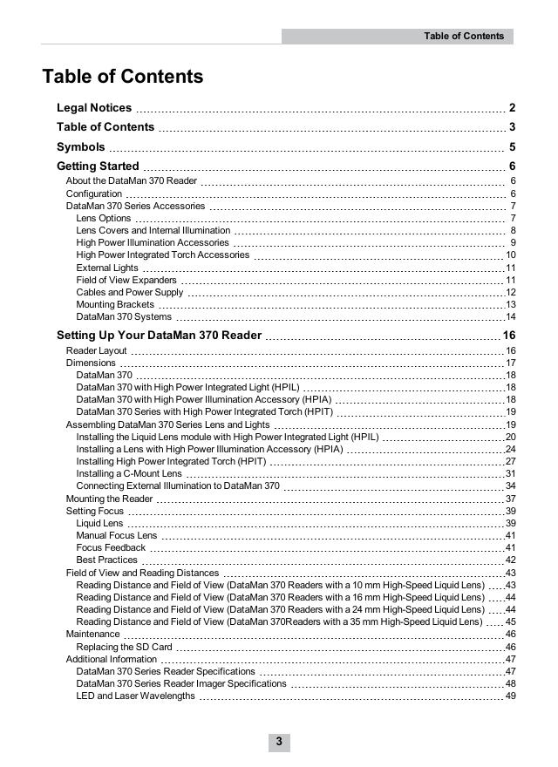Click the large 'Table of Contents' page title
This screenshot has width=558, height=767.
123,77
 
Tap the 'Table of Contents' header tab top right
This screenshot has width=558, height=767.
463,36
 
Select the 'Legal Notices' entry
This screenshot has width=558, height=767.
94,108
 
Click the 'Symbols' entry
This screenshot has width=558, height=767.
80,147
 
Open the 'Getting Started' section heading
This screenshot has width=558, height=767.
98,166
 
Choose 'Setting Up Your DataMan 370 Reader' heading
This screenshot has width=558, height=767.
159,336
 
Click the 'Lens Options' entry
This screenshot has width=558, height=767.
104,218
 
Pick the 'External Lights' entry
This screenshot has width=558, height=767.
107,268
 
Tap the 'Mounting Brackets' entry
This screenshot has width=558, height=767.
115,305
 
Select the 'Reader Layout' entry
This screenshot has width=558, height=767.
97,351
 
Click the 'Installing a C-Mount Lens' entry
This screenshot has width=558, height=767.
129,473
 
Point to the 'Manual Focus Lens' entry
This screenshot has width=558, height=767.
117,535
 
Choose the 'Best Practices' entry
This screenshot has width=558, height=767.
107,560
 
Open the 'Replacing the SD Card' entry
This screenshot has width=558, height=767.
124,648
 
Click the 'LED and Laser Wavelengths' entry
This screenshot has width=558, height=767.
135,696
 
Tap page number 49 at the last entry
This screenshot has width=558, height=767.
511,696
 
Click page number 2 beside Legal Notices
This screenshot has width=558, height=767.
513,108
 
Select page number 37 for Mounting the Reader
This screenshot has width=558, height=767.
511,499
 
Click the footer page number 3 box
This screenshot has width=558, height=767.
279,742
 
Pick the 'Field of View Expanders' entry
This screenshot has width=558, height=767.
126,281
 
